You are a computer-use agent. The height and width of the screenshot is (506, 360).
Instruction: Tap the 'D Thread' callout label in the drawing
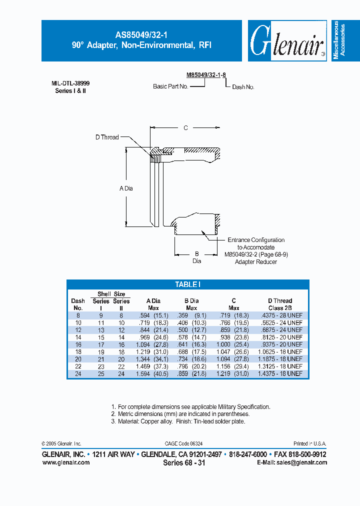pos(107,137)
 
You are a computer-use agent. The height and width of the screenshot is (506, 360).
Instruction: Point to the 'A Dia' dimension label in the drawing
pos(126,188)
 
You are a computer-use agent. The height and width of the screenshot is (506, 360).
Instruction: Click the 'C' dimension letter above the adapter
pos(185,128)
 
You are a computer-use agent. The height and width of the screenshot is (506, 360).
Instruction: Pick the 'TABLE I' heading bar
pos(187,284)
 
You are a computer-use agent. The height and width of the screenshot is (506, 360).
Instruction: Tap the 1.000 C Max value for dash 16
pos(227,344)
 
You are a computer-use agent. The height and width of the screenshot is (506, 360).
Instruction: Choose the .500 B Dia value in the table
pos(187,330)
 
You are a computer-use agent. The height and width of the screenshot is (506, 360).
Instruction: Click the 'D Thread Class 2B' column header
pos(280,304)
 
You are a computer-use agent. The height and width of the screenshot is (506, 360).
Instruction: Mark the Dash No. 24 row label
pos(78,373)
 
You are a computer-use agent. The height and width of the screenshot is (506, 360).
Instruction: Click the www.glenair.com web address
pos(66,462)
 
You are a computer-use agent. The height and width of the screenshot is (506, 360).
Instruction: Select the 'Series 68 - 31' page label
pos(184,463)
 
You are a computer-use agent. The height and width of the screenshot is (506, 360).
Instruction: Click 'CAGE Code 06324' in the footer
pos(183,443)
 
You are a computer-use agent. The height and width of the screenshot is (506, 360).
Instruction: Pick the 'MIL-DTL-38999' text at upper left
pos(70,84)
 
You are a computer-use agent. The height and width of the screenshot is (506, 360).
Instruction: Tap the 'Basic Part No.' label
pos(170,86)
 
